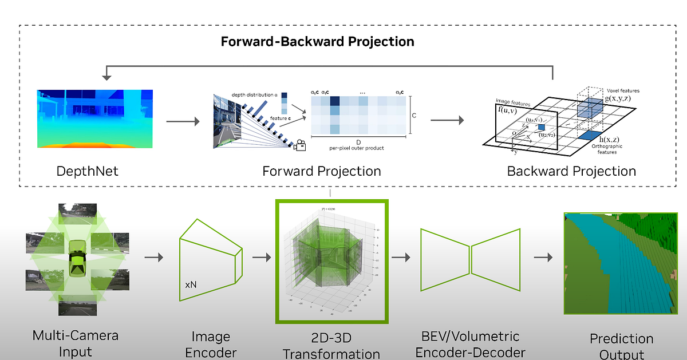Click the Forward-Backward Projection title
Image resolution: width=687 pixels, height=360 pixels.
(x=317, y=42)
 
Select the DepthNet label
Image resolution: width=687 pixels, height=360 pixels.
(x=87, y=171)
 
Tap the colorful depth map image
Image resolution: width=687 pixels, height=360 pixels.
(x=95, y=119)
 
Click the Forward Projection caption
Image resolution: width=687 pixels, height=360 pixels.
(x=321, y=171)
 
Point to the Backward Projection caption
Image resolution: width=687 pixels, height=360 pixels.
(x=571, y=171)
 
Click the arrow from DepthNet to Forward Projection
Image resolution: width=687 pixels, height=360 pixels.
(x=183, y=121)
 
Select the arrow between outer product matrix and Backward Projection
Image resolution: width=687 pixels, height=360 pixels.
(x=447, y=121)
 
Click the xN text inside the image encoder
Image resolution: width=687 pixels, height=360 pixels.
(x=191, y=284)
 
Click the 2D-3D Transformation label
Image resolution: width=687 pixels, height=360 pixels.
(x=331, y=345)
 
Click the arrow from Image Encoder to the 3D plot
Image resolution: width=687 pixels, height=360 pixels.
(x=261, y=258)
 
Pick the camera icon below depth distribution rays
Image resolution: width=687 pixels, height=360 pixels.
(x=299, y=147)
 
